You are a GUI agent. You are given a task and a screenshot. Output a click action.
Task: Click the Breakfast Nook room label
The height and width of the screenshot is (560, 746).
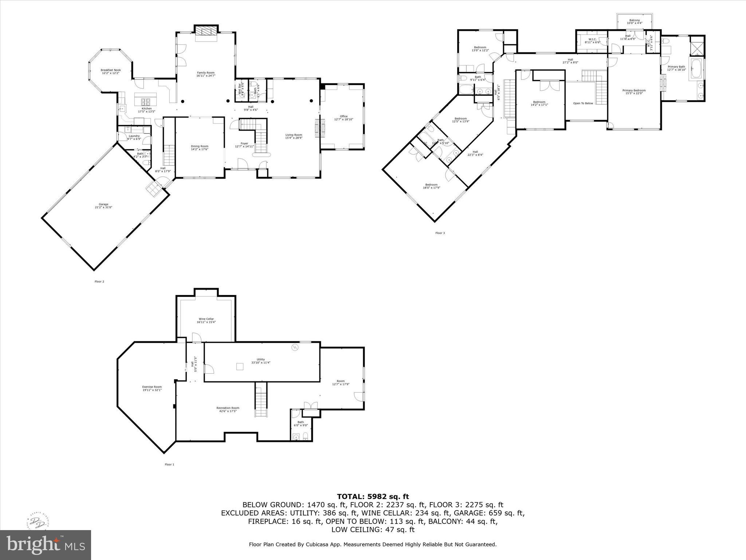tap(110, 70)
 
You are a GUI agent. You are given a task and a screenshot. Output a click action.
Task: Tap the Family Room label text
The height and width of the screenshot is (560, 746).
tap(206, 73)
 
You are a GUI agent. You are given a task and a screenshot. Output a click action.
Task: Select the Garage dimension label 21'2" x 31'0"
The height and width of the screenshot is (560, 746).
tap(103, 207)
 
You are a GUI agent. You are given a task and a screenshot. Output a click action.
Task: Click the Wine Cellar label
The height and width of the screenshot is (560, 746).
tap(206, 319)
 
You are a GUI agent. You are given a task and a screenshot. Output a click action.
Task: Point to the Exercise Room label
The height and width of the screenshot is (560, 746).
tap(152, 387)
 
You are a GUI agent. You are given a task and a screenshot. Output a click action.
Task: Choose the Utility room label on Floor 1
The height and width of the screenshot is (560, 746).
tap(260, 359)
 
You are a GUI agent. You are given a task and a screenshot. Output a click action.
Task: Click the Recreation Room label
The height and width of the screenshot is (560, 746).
tap(228, 408)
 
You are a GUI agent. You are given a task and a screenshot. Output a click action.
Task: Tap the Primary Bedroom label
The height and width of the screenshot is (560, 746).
tap(634, 90)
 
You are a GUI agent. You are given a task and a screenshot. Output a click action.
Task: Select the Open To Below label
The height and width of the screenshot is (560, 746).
tap(583, 103)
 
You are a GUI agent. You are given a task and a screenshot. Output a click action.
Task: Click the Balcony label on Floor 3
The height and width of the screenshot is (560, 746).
tap(634, 20)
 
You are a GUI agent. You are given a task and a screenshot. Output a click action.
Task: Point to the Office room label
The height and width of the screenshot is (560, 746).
tap(343, 116)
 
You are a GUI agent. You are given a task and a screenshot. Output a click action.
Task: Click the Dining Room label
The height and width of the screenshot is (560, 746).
tap(200, 146)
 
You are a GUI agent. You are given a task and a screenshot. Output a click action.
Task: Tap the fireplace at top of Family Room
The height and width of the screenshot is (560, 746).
tap(207, 30)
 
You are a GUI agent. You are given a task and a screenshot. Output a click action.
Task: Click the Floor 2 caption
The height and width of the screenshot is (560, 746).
tap(99, 281)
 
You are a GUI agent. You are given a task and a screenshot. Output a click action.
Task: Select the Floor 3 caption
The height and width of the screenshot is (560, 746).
tap(440, 233)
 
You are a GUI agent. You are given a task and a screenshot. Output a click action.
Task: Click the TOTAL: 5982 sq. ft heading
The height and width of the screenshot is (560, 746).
tap(373, 496)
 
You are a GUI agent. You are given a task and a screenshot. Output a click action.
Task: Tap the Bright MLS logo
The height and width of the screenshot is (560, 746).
tap(46, 545)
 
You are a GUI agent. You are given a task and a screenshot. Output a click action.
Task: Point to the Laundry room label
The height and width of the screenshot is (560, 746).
tap(134, 136)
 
